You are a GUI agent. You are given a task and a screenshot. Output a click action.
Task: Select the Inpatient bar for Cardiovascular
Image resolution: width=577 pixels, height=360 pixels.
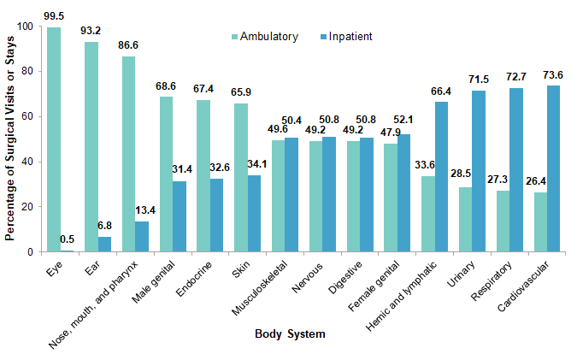(x=554, y=168)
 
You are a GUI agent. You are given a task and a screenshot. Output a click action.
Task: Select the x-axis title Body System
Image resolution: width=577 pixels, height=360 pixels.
(x=290, y=334)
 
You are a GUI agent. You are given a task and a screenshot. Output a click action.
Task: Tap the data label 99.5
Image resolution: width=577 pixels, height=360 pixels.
(x=55, y=15)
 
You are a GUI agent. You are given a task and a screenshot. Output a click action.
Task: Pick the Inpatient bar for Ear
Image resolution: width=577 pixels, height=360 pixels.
(x=104, y=244)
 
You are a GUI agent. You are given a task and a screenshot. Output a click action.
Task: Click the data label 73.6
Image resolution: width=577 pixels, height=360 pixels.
(x=555, y=74)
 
